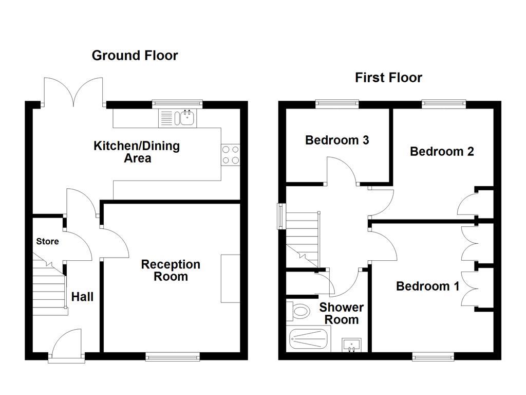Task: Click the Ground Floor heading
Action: click(x=135, y=56)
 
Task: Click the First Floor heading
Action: click(x=388, y=78)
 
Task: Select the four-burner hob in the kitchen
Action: click(x=231, y=154)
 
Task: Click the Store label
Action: click(x=47, y=241)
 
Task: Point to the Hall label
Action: click(x=82, y=297)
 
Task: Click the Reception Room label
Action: click(x=171, y=271)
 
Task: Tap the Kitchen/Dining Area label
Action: click(x=137, y=152)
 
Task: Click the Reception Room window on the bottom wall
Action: click(x=173, y=356)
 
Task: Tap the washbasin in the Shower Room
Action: click(x=352, y=344)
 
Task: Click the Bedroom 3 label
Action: click(x=337, y=140)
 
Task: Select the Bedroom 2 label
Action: click(x=442, y=151)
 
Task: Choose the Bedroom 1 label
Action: click(x=427, y=286)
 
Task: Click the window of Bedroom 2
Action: click(x=444, y=104)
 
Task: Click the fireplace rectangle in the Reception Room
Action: click(x=230, y=278)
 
